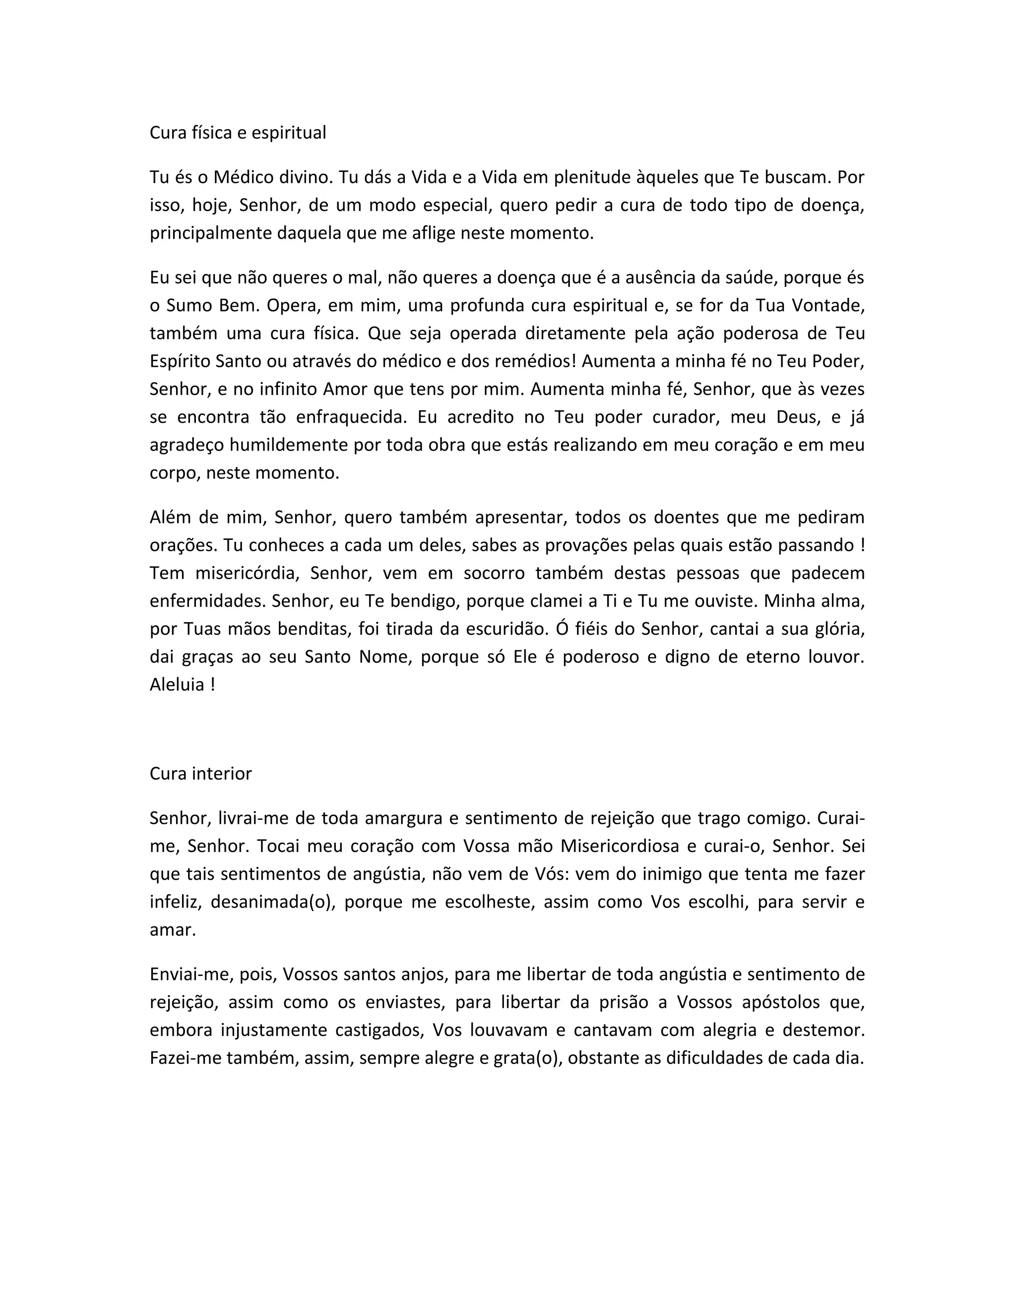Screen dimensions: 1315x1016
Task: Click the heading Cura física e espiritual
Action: click(238, 132)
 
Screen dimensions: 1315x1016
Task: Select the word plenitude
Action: click(592, 177)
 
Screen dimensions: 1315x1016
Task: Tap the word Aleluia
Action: click(178, 685)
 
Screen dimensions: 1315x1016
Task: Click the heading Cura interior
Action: click(200, 774)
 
